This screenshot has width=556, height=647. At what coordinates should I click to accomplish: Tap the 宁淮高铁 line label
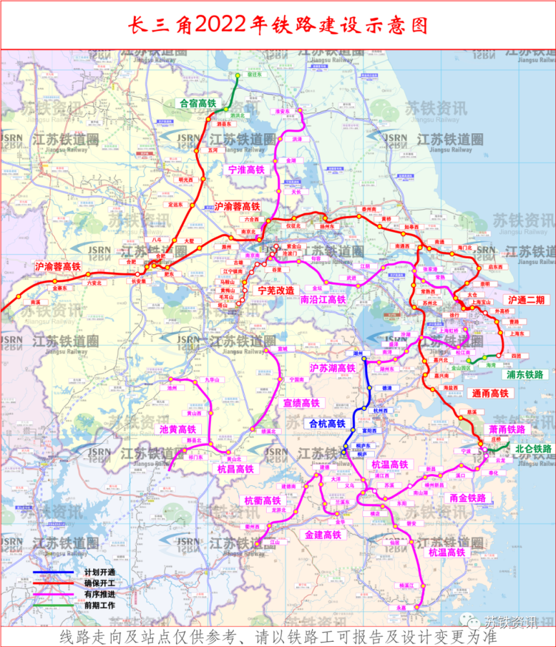[247, 170]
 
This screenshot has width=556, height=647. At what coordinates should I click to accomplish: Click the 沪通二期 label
[526, 300]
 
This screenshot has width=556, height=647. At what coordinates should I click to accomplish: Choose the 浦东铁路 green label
[527, 375]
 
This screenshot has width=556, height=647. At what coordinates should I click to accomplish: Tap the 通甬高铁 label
[490, 393]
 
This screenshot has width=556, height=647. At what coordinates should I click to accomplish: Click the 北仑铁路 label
[533, 448]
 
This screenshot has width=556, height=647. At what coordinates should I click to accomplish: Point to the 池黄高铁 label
[177, 429]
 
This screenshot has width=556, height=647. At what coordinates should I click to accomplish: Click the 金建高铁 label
[323, 535]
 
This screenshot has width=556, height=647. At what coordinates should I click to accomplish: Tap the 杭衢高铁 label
[262, 500]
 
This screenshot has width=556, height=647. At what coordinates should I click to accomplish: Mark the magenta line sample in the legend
[53, 595]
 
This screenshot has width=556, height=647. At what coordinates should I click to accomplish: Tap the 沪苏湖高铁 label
[333, 367]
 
